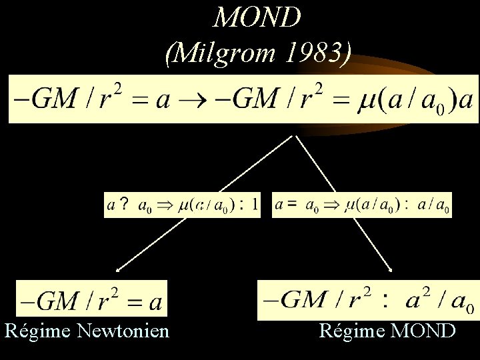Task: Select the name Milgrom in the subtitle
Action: point(221,51)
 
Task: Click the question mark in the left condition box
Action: point(124,205)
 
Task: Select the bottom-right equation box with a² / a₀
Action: point(368,299)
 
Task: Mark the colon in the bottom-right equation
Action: point(384,300)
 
